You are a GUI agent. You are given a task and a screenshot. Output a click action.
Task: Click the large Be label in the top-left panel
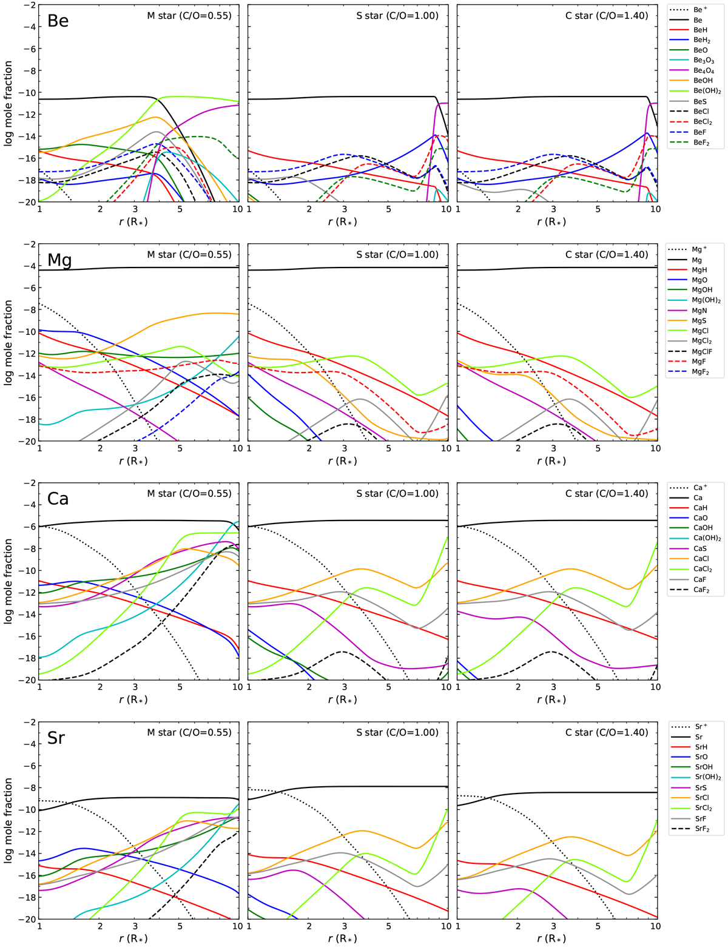(x=58, y=21)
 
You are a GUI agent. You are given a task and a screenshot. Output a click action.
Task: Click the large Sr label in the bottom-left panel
(x=56, y=738)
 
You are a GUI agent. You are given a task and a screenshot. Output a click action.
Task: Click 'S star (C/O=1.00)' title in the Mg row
(x=397, y=255)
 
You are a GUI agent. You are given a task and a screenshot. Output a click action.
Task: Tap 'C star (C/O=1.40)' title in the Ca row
(x=607, y=493)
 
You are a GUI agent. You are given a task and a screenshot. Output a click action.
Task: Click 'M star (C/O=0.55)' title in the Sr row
(x=189, y=732)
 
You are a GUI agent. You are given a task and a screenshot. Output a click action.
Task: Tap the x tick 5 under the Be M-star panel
(x=180, y=209)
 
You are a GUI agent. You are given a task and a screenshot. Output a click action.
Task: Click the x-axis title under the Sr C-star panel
(x=551, y=939)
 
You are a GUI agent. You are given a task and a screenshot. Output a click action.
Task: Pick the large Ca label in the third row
(x=58, y=499)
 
